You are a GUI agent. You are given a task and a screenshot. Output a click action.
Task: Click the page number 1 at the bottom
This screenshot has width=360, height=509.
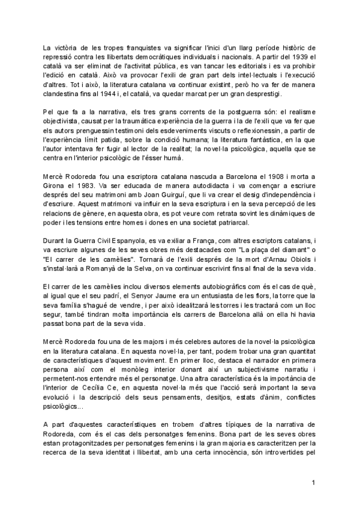click(313, 483)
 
